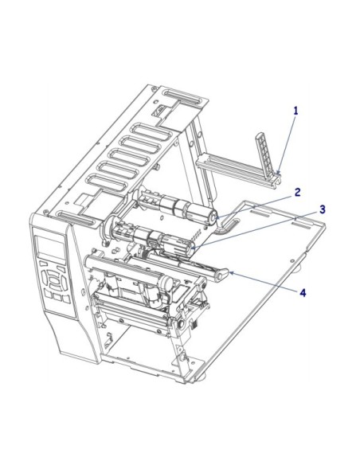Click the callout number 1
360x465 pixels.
point(295,111)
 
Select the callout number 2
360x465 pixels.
point(296,192)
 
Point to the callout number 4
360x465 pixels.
point(303,293)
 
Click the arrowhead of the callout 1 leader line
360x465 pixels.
point(280,173)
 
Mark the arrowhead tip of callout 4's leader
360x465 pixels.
point(229,272)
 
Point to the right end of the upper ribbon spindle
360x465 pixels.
point(213,217)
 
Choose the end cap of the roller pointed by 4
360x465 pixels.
point(227,273)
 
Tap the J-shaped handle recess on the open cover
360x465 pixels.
point(228,226)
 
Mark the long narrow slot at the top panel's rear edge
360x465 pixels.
point(186,100)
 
